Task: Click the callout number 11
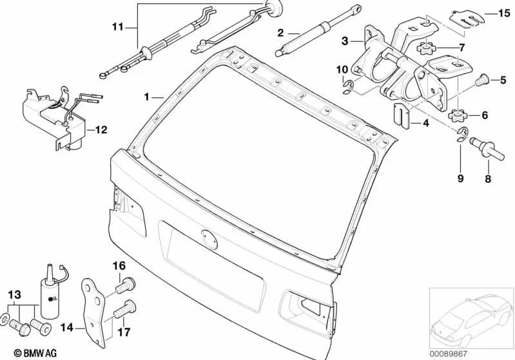(117, 26)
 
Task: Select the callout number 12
(101, 130)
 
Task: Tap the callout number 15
(505, 14)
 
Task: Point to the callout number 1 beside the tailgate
(146, 97)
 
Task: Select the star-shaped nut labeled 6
(458, 116)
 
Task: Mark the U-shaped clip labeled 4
(402, 116)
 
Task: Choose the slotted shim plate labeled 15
(467, 18)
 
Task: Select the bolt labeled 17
(125, 309)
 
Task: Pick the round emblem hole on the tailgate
(209, 239)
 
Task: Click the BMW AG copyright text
(35, 353)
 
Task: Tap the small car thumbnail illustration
(471, 318)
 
